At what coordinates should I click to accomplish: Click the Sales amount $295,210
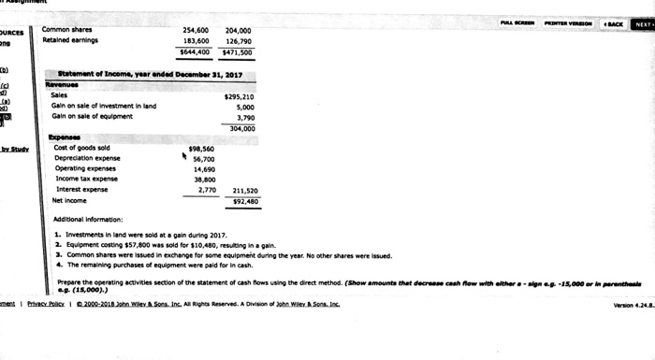(240, 96)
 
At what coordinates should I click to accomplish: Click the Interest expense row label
(82, 189)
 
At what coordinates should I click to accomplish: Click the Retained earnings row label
(71, 41)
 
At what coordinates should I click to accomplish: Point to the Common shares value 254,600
(198, 30)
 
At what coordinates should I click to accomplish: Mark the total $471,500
(240, 52)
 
